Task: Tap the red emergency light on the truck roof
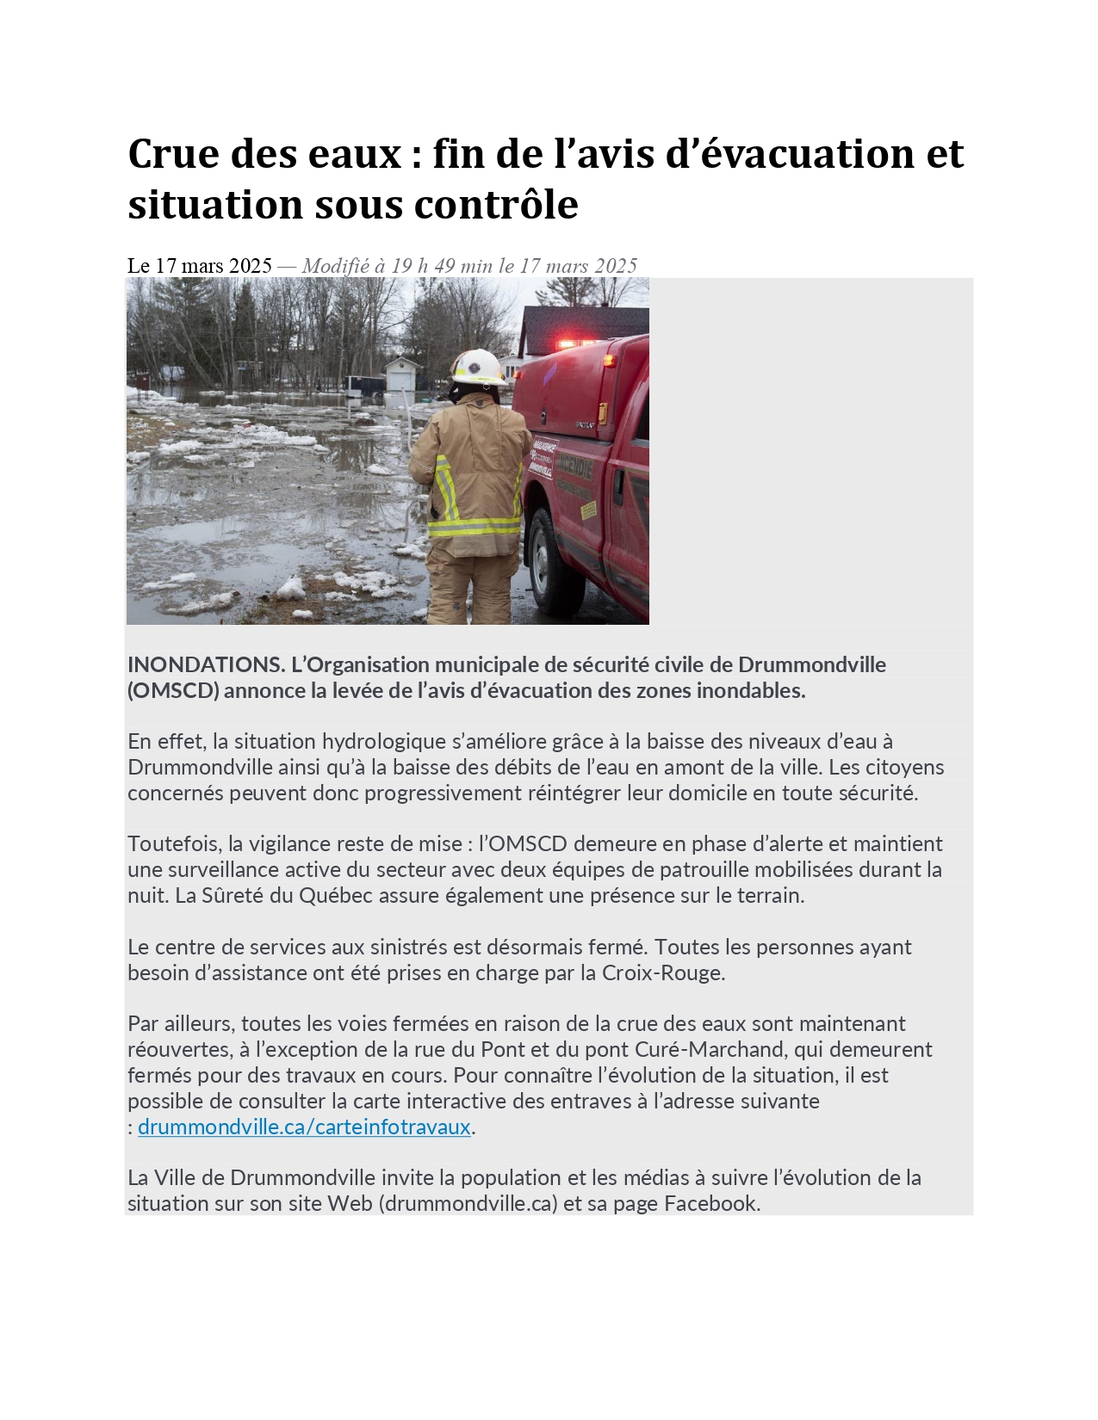575,343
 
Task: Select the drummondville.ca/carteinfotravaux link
304,1127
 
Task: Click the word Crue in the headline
173,154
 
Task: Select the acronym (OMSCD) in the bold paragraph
173,690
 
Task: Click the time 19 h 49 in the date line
423,266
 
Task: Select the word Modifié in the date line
335,266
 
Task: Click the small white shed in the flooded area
403,376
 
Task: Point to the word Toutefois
173,843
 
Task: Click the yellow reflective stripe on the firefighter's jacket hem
473,526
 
